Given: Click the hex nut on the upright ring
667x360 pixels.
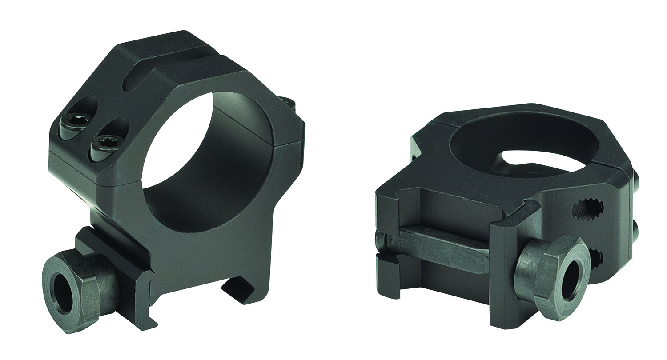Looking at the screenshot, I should click(78, 284).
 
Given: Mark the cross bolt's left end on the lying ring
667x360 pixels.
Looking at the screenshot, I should click(381, 242).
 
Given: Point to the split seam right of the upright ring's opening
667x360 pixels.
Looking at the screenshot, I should click(291, 143).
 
